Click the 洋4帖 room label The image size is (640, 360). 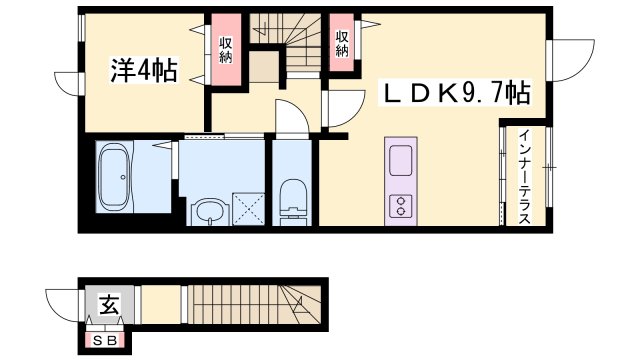pyautogui.click(x=143, y=70)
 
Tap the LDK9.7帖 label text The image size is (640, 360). pyautogui.click(x=458, y=94)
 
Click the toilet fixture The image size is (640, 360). pyautogui.click(x=293, y=196)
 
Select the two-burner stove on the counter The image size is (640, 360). pyautogui.click(x=400, y=206)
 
